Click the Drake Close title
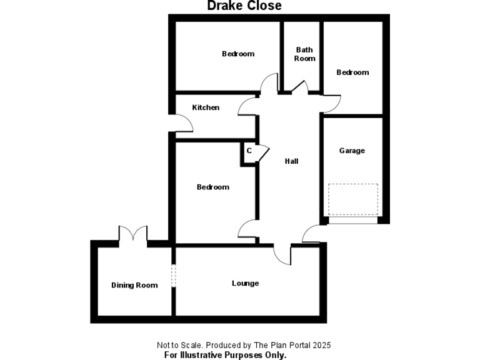pos(244,6)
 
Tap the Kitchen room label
pos(206,107)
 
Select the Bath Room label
pos(304,54)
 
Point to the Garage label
pos(352,151)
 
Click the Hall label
pos(291,161)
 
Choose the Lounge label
pos(245,284)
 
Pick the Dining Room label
pos(134,285)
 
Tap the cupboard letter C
pos(249,151)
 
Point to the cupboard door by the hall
pos(264,152)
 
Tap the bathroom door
pos(300,86)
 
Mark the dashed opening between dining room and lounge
pos(174,276)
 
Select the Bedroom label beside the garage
pos(352,72)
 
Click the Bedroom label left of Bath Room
pos(238,54)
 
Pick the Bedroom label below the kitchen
pos(213,187)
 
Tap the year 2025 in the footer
pos(322,345)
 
